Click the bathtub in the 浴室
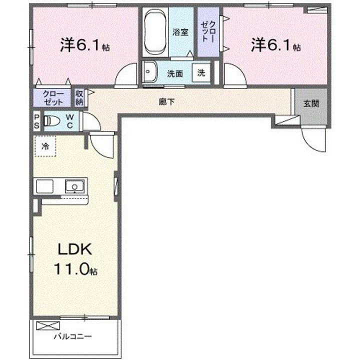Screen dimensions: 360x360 click(x=155, y=32)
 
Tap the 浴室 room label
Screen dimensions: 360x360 click(x=180, y=32)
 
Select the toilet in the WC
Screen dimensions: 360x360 click(x=51, y=120)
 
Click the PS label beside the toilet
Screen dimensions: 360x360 click(x=36, y=121)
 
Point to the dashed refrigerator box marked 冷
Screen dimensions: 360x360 click(x=45, y=146)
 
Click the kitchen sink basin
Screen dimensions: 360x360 click(x=74, y=186)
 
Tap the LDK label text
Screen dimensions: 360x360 click(x=75, y=249)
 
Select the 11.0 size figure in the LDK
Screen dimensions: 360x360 click(x=71, y=269)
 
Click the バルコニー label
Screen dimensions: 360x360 click(x=73, y=336)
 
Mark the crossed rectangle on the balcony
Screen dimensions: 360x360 click(x=48, y=325)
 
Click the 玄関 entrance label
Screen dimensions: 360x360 click(x=311, y=104)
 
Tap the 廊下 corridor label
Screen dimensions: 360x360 click(x=166, y=101)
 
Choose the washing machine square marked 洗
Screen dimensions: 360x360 click(x=201, y=73)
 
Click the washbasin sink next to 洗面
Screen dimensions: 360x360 click(x=149, y=71)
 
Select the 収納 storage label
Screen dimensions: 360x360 click(x=79, y=98)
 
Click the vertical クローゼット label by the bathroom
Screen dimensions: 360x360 click(x=208, y=31)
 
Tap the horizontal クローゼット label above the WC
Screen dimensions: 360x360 click(x=53, y=98)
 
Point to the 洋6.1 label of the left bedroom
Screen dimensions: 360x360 click(x=84, y=45)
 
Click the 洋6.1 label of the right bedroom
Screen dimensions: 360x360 click(x=275, y=45)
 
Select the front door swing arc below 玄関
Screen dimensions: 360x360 click(x=309, y=144)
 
